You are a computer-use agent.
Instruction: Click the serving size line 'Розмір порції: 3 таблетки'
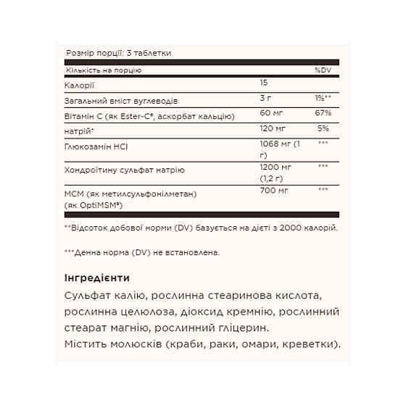point(118,54)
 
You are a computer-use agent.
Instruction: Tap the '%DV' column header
point(322,70)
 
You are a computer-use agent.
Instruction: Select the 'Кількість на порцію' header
point(102,70)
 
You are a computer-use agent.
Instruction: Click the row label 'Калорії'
point(78,86)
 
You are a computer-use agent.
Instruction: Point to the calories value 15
point(263,85)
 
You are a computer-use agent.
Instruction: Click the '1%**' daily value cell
point(323,99)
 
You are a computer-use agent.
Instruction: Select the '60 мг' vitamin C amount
point(270,114)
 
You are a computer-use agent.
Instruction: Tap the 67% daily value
point(323,114)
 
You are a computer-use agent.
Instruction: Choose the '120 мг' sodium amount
point(272,128)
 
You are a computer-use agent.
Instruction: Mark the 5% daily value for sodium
point(323,128)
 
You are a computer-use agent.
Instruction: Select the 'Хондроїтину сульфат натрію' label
point(124,170)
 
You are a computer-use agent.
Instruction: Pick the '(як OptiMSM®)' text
point(96,205)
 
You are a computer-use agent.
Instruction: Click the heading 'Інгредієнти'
point(97,278)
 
